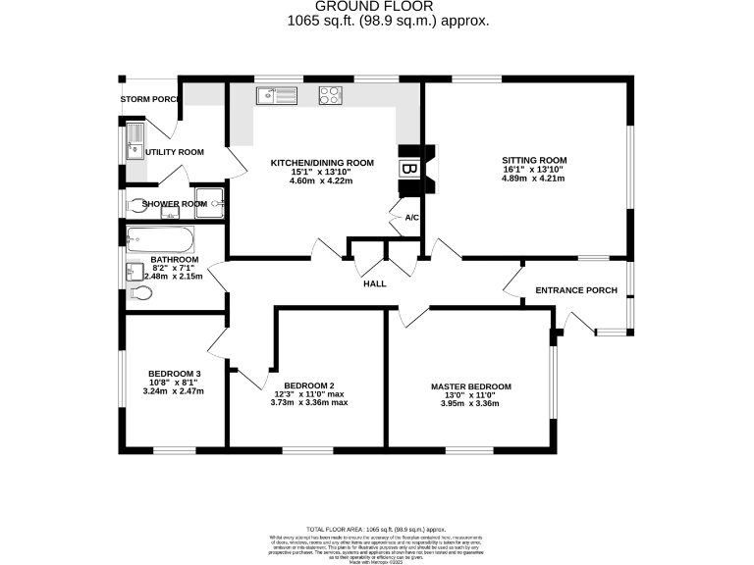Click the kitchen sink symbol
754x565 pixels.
point(276,95)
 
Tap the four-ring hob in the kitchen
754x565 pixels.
point(330,95)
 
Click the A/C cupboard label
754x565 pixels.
point(411,219)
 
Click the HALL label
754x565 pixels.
point(374,283)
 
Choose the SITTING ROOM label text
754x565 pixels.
point(534,160)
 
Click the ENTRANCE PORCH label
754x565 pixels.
point(575,290)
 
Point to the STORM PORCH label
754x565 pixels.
point(147,100)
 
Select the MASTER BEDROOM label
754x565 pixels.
point(470,386)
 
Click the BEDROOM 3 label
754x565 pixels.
point(175,374)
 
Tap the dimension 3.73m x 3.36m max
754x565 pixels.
point(309,402)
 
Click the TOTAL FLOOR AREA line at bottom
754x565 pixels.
point(376,528)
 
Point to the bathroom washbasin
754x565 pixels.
point(135,272)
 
